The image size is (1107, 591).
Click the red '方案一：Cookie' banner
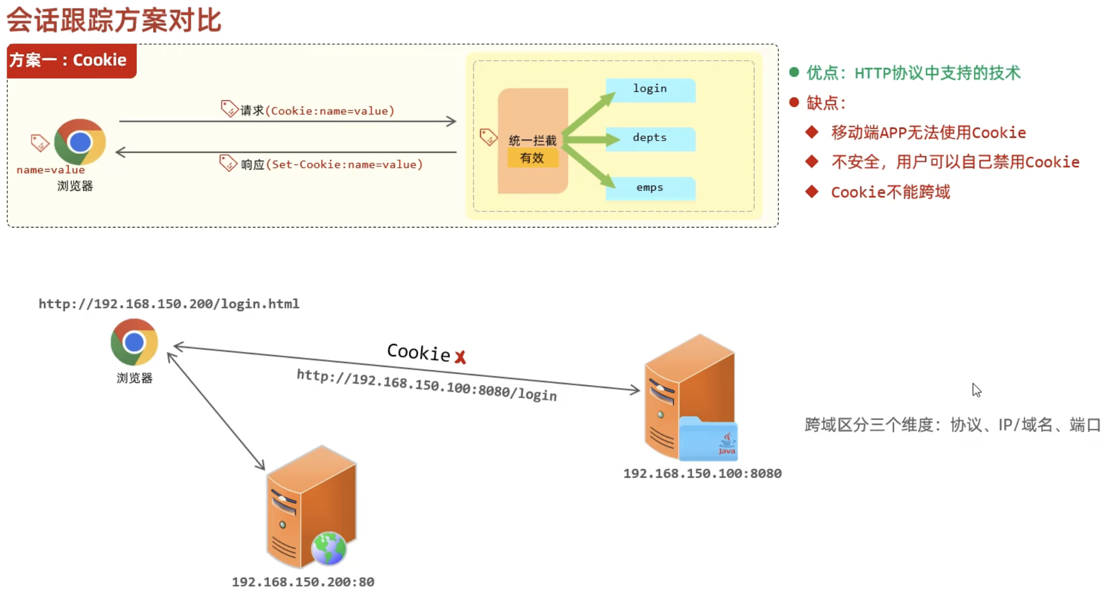click(x=71, y=60)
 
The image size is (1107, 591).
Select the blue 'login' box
click(x=651, y=89)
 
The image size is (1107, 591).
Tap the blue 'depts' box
click(x=651, y=138)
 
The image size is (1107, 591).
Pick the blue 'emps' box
click(x=651, y=188)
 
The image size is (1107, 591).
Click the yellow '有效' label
click(x=532, y=158)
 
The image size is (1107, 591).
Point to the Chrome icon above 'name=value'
click(x=80, y=142)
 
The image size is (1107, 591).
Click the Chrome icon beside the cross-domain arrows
click(x=134, y=342)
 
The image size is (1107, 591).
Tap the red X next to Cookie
click(x=460, y=357)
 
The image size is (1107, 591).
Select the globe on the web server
click(x=329, y=549)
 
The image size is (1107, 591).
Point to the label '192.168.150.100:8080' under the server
click(x=702, y=473)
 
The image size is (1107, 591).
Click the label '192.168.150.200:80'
click(x=303, y=582)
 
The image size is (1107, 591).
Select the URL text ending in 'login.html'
click(x=169, y=304)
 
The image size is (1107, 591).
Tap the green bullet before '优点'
click(x=794, y=72)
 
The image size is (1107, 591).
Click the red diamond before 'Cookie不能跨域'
click(x=812, y=192)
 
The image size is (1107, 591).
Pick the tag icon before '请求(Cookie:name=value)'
click(x=229, y=108)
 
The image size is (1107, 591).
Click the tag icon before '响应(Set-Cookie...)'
click(x=228, y=163)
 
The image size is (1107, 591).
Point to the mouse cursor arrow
click(x=976, y=390)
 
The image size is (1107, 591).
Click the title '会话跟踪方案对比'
click(x=114, y=20)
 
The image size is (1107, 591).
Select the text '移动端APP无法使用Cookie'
click(x=928, y=132)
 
